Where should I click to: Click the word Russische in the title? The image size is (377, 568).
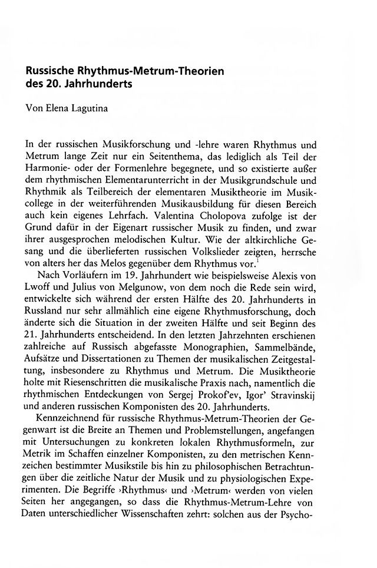[x=51, y=71]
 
